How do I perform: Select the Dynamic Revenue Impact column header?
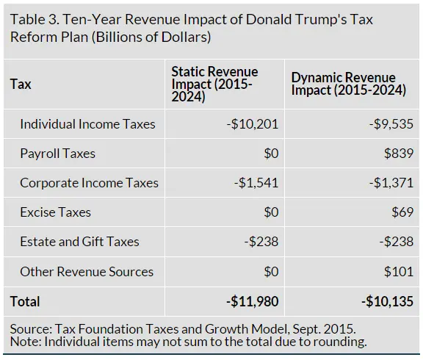[349, 84]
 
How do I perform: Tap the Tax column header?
[21, 84]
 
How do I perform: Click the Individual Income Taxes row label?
[87, 124]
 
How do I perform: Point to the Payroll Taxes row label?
[57, 154]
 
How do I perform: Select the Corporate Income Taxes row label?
[89, 183]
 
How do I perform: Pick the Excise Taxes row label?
[55, 212]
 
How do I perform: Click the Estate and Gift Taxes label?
[79, 242]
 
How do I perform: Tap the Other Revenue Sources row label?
[87, 272]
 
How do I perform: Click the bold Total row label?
[25, 301]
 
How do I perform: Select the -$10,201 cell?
[253, 124]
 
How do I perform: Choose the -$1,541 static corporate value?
[255, 183]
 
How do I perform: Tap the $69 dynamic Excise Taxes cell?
[401, 212]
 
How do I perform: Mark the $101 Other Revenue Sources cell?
[398, 272]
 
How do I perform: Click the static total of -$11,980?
[253, 301]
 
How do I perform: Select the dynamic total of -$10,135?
[386, 301]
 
